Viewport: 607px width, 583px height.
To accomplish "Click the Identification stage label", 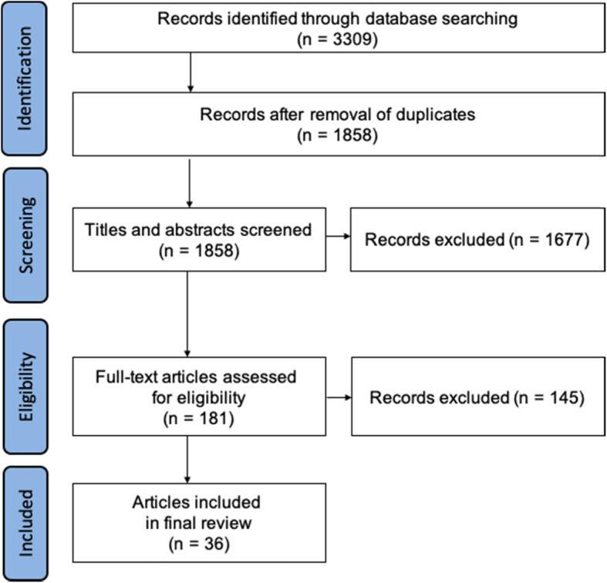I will tap(28, 79).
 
